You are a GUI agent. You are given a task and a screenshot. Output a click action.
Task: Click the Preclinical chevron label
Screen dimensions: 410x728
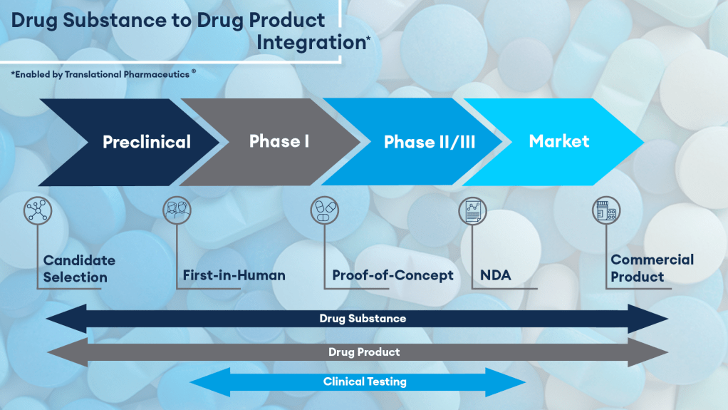147,142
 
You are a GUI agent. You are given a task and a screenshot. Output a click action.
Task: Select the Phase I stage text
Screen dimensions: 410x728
279,140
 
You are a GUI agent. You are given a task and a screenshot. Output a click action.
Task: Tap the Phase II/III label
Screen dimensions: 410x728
430,142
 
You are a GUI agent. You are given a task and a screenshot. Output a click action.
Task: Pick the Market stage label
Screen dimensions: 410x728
559,140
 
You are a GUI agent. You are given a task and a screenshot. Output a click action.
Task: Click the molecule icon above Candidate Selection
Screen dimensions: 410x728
37,210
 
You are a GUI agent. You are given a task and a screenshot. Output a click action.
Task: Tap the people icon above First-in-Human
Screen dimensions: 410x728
176,210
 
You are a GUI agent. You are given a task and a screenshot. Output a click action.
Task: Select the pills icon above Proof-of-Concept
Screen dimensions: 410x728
324,210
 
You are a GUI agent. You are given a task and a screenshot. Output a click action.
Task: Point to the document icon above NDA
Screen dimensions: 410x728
472,210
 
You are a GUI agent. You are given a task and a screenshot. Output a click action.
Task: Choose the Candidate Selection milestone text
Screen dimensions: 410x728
78,269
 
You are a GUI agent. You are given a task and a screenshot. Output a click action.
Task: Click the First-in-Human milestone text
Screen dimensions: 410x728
234,275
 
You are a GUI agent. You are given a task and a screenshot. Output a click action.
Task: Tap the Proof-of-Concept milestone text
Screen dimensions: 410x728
392,275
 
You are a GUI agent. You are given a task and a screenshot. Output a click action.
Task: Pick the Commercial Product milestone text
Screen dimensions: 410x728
652,268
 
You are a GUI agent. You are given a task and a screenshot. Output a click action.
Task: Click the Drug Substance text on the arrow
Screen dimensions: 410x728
363,319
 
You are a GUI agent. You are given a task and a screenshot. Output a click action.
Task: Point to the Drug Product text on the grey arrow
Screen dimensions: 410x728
364,352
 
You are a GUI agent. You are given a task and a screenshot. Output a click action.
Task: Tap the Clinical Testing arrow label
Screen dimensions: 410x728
365,381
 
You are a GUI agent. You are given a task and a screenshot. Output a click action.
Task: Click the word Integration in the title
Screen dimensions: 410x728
311,42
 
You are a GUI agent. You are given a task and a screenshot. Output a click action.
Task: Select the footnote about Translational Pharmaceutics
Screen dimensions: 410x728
103,73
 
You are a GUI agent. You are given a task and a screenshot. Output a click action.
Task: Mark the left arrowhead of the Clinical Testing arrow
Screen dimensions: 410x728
203,381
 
